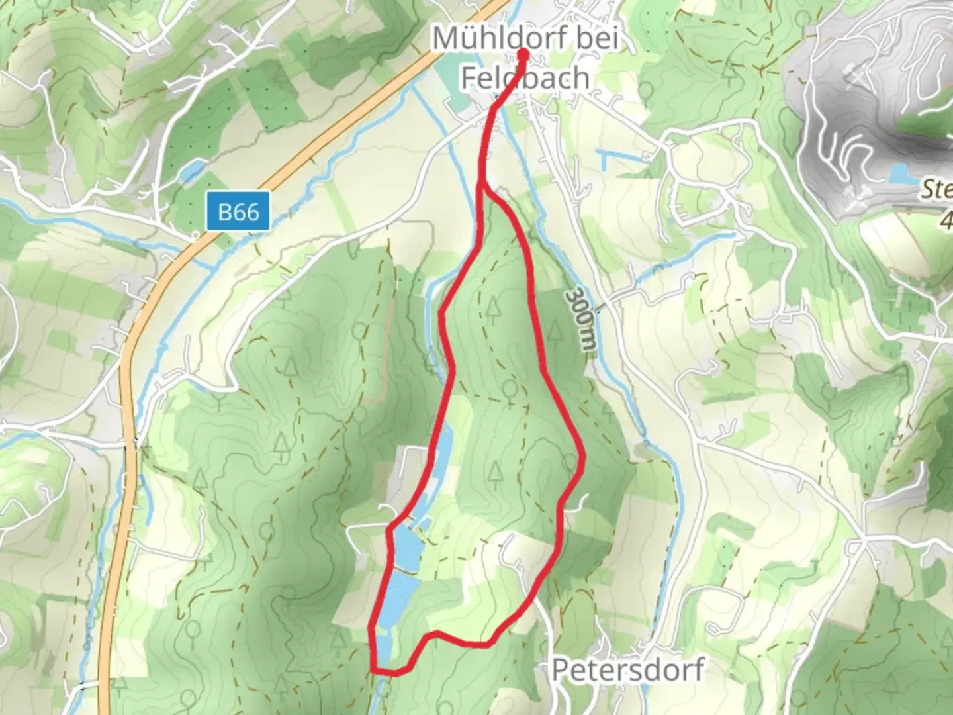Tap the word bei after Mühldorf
(596, 38)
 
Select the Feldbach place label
(525, 77)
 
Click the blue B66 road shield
(238, 212)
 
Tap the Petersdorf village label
(627, 670)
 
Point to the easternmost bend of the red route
(582, 457)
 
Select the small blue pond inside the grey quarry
(903, 174)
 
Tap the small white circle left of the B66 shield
(196, 234)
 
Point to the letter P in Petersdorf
(560, 670)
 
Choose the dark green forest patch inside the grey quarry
(927, 122)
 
